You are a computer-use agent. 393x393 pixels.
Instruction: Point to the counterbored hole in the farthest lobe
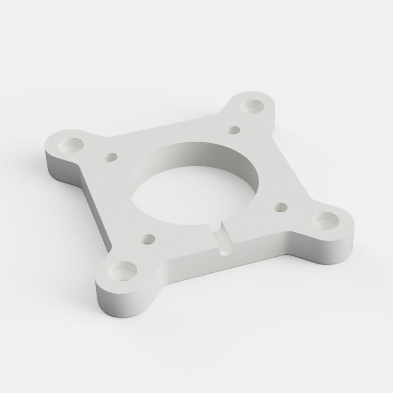click(252, 105)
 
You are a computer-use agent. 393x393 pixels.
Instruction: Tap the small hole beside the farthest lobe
click(234, 129)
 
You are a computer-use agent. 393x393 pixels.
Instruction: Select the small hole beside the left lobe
click(111, 156)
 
